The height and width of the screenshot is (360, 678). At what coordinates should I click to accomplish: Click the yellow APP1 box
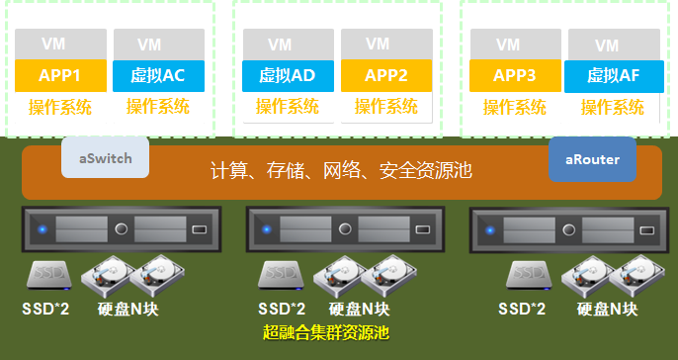(60, 76)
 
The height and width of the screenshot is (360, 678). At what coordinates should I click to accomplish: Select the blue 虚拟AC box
(158, 76)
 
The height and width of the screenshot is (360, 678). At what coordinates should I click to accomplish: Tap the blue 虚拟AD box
(288, 76)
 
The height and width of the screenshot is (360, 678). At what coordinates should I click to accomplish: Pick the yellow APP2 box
(386, 76)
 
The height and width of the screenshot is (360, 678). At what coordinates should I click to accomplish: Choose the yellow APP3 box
(515, 76)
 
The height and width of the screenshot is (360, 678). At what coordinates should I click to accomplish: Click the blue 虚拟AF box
(614, 76)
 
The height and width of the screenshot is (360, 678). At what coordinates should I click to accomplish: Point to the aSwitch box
(105, 157)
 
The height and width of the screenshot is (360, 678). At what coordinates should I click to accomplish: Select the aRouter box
(592, 159)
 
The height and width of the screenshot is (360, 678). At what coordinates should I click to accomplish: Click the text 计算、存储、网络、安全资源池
(341, 170)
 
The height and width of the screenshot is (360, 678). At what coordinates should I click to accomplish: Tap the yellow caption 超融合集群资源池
(326, 332)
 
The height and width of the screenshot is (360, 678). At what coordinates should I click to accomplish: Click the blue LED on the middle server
(267, 229)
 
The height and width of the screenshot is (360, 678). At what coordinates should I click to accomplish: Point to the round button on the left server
(121, 228)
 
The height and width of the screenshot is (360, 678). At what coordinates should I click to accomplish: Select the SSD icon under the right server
(529, 275)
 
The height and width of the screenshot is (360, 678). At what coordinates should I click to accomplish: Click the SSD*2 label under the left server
(45, 309)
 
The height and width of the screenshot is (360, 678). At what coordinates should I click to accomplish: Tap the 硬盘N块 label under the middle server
(359, 309)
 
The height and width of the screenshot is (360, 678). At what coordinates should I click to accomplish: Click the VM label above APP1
(53, 44)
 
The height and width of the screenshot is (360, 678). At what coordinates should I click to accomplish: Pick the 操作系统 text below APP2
(386, 107)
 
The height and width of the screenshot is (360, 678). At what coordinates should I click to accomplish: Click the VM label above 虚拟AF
(607, 45)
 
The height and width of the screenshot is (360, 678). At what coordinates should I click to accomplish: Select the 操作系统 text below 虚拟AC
(158, 107)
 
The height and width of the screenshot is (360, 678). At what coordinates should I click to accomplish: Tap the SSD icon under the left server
(49, 275)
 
